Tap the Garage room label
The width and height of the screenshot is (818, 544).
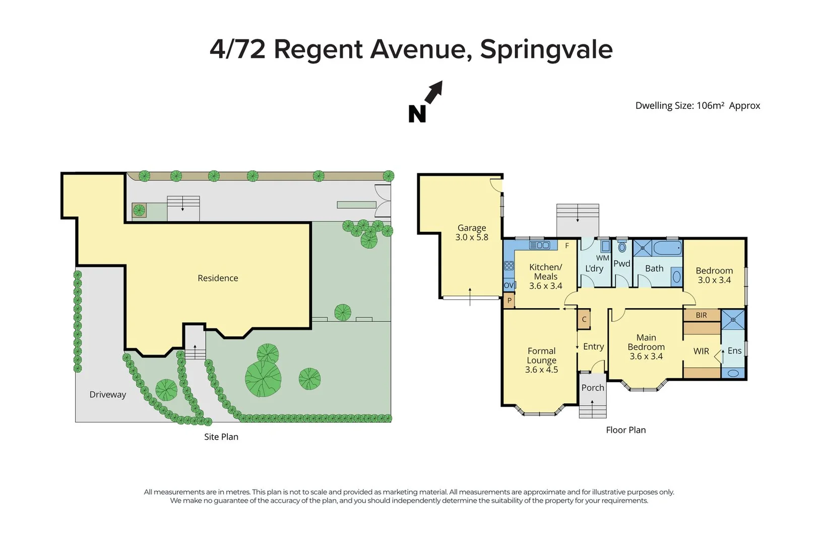coord(471,232)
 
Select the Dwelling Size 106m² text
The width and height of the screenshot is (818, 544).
coord(697,105)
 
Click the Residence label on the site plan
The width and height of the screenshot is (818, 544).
coord(218,278)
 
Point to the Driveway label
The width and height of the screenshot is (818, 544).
coord(107,394)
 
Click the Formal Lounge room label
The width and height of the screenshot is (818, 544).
coord(541,360)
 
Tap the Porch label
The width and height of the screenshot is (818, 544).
coord(592,387)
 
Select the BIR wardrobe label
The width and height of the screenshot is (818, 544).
coord(701,315)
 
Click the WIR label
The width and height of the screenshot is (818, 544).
coord(701,351)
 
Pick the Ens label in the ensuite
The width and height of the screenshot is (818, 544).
coord(734,351)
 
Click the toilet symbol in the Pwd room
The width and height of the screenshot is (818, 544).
coord(622,247)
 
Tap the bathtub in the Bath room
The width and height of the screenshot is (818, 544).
coord(667,248)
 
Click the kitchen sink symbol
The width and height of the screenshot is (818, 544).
coord(540,245)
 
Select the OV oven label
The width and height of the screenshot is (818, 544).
coord(509,285)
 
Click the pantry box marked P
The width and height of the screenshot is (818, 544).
coord(509,301)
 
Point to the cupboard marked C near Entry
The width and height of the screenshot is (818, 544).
coord(584,319)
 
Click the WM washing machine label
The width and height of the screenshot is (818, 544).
coord(603,258)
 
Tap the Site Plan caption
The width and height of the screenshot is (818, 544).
coord(221,437)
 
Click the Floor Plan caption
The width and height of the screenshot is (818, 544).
coord(625,430)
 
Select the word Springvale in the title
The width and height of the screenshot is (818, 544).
coord(546,49)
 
